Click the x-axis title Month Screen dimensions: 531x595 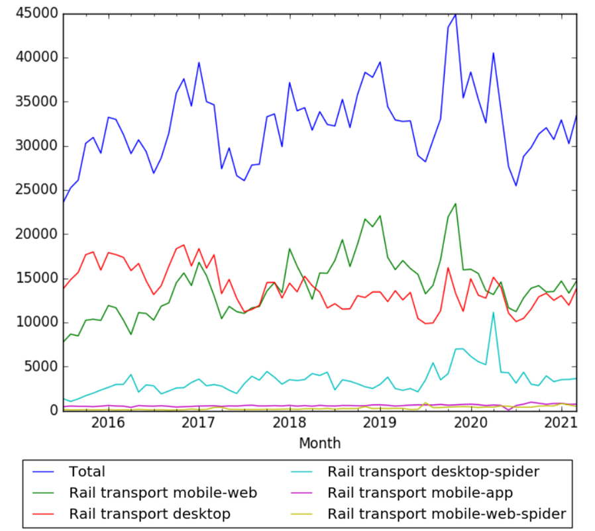point(319,443)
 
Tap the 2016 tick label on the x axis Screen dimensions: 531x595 point(107,422)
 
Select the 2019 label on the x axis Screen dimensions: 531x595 point(380,422)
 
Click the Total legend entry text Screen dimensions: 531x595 point(87,472)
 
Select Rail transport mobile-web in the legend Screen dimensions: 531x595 point(162,493)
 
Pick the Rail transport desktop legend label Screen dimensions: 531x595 point(149,514)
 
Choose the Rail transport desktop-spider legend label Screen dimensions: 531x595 point(433,472)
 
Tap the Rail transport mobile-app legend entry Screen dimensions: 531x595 point(420,493)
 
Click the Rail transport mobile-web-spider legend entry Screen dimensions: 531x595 point(447,514)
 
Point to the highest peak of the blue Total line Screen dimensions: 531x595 point(455,14)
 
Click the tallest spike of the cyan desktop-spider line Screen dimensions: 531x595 point(493,312)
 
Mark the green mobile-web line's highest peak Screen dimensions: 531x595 point(455,204)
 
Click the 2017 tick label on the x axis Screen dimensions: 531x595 point(198,422)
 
